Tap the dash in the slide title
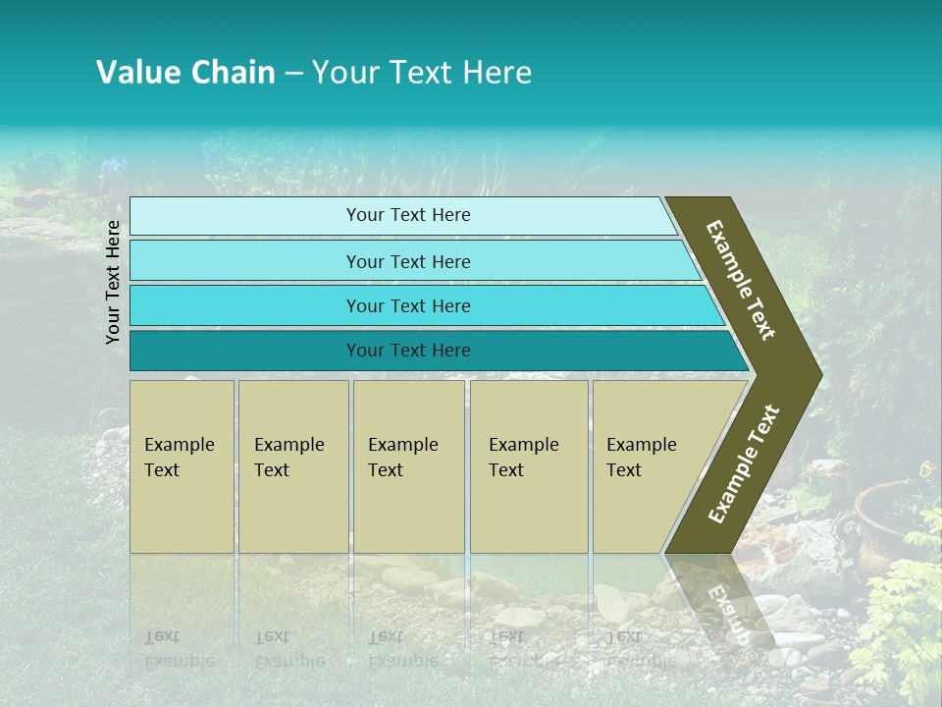coord(293,74)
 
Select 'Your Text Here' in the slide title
coord(422,73)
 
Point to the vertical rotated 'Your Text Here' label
coord(113,283)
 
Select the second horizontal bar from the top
coord(407,261)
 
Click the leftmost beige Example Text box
coord(182,466)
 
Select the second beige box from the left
coord(292,466)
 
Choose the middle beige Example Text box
coord(408,466)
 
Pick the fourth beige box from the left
coord(529,466)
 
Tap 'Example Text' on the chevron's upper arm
coord(741,280)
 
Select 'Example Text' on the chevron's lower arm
coord(744,464)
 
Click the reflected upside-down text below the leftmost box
coord(177,648)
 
